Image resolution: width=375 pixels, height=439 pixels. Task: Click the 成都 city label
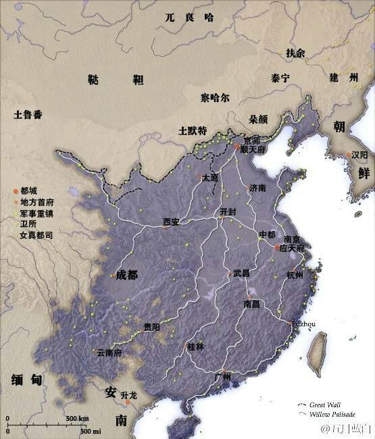(x=126, y=275)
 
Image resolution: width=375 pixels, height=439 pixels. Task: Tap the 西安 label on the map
(x=172, y=221)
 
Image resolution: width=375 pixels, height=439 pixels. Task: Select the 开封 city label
(x=229, y=211)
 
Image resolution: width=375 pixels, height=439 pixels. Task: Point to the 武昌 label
(x=241, y=274)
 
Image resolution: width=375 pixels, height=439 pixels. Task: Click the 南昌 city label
(x=251, y=304)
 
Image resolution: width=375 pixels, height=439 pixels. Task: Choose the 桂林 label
(x=195, y=346)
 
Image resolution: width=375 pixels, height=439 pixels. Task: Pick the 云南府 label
(x=109, y=352)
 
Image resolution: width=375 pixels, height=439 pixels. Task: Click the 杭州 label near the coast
(x=295, y=275)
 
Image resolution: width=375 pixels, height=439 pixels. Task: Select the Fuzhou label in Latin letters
(x=303, y=324)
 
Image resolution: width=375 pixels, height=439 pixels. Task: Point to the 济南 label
(x=258, y=187)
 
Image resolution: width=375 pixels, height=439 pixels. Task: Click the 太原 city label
(x=210, y=178)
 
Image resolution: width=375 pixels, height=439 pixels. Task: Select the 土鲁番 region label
(x=28, y=114)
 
